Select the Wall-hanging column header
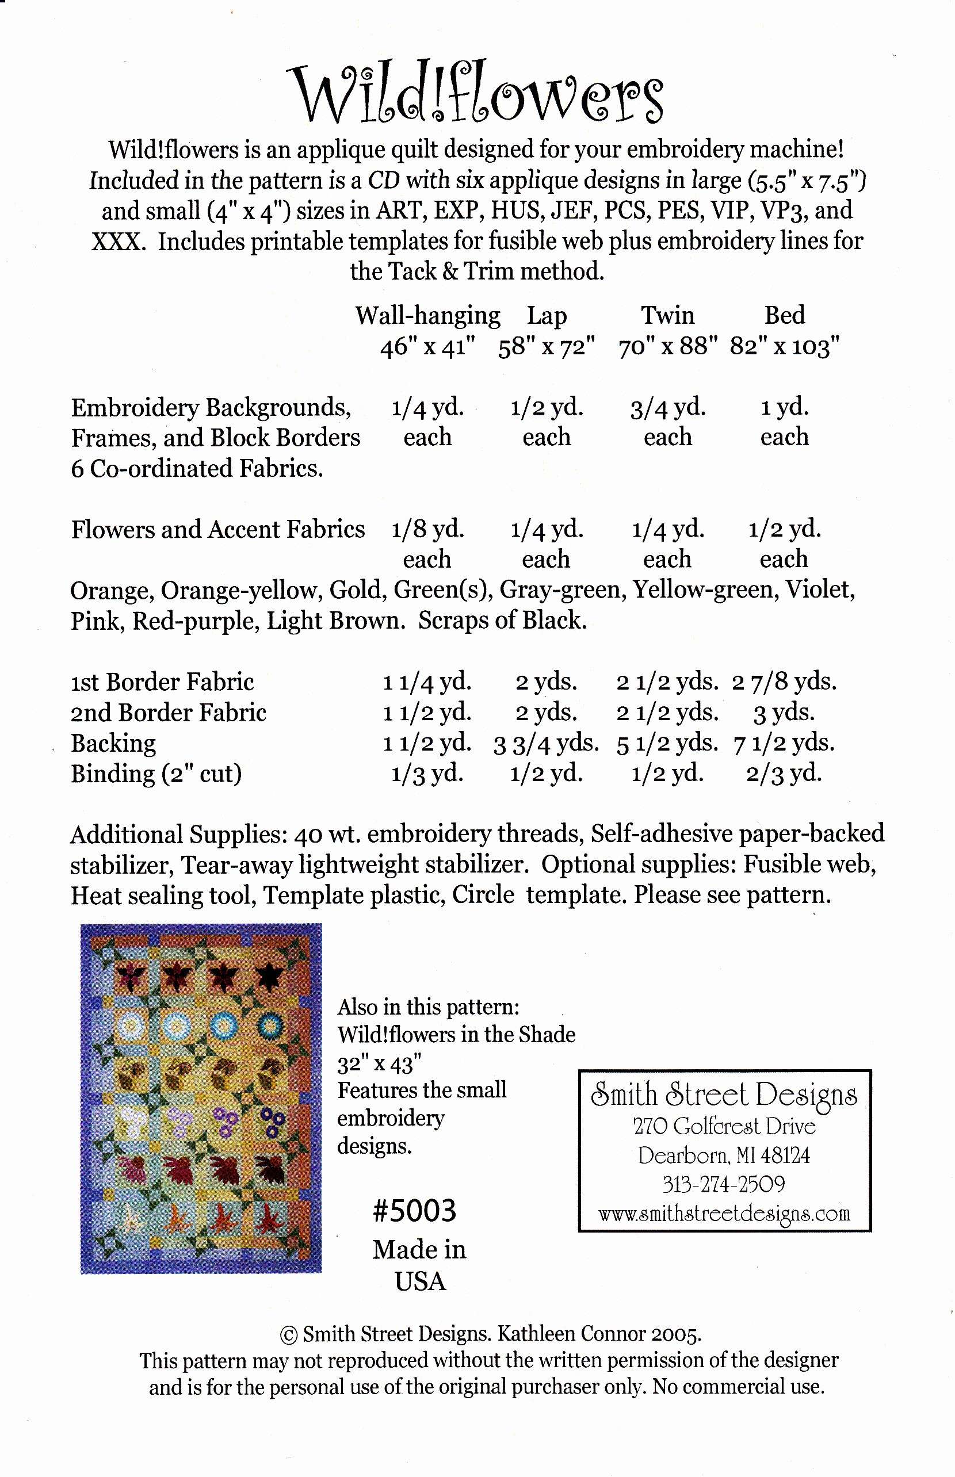[x=427, y=316]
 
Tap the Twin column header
[x=667, y=316]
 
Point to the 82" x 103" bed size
[x=785, y=346]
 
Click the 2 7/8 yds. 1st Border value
[x=785, y=682]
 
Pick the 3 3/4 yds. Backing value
[x=547, y=743]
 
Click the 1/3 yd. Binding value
[x=427, y=774]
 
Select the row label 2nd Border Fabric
[x=168, y=713]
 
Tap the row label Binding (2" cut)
[x=156, y=774]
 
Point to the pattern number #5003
[x=414, y=1211]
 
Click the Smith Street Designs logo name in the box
[x=724, y=1095]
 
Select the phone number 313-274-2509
[x=724, y=1184]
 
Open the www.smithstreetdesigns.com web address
[x=724, y=1213]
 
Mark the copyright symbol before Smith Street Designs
[x=288, y=1334]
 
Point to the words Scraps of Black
[x=502, y=621]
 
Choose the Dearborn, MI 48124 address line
[x=724, y=1155]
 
